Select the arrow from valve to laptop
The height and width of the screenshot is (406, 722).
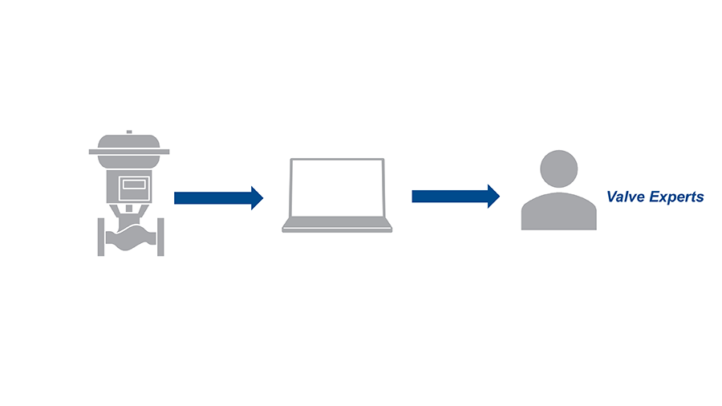click(213, 197)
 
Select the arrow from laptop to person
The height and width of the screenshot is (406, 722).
click(449, 196)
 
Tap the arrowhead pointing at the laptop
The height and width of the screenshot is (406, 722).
click(258, 197)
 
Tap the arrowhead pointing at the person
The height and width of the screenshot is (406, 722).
click(494, 196)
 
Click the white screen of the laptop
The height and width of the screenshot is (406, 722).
click(337, 188)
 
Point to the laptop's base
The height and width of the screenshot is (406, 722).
click(337, 228)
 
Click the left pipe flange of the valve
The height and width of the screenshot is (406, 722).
click(102, 237)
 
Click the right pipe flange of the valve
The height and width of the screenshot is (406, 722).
click(160, 237)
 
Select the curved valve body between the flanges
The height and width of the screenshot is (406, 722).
click(131, 239)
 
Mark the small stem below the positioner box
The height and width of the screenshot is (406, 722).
click(131, 210)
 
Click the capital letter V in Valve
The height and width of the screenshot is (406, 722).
click(612, 197)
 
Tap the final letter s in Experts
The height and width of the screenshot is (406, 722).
click(700, 197)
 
